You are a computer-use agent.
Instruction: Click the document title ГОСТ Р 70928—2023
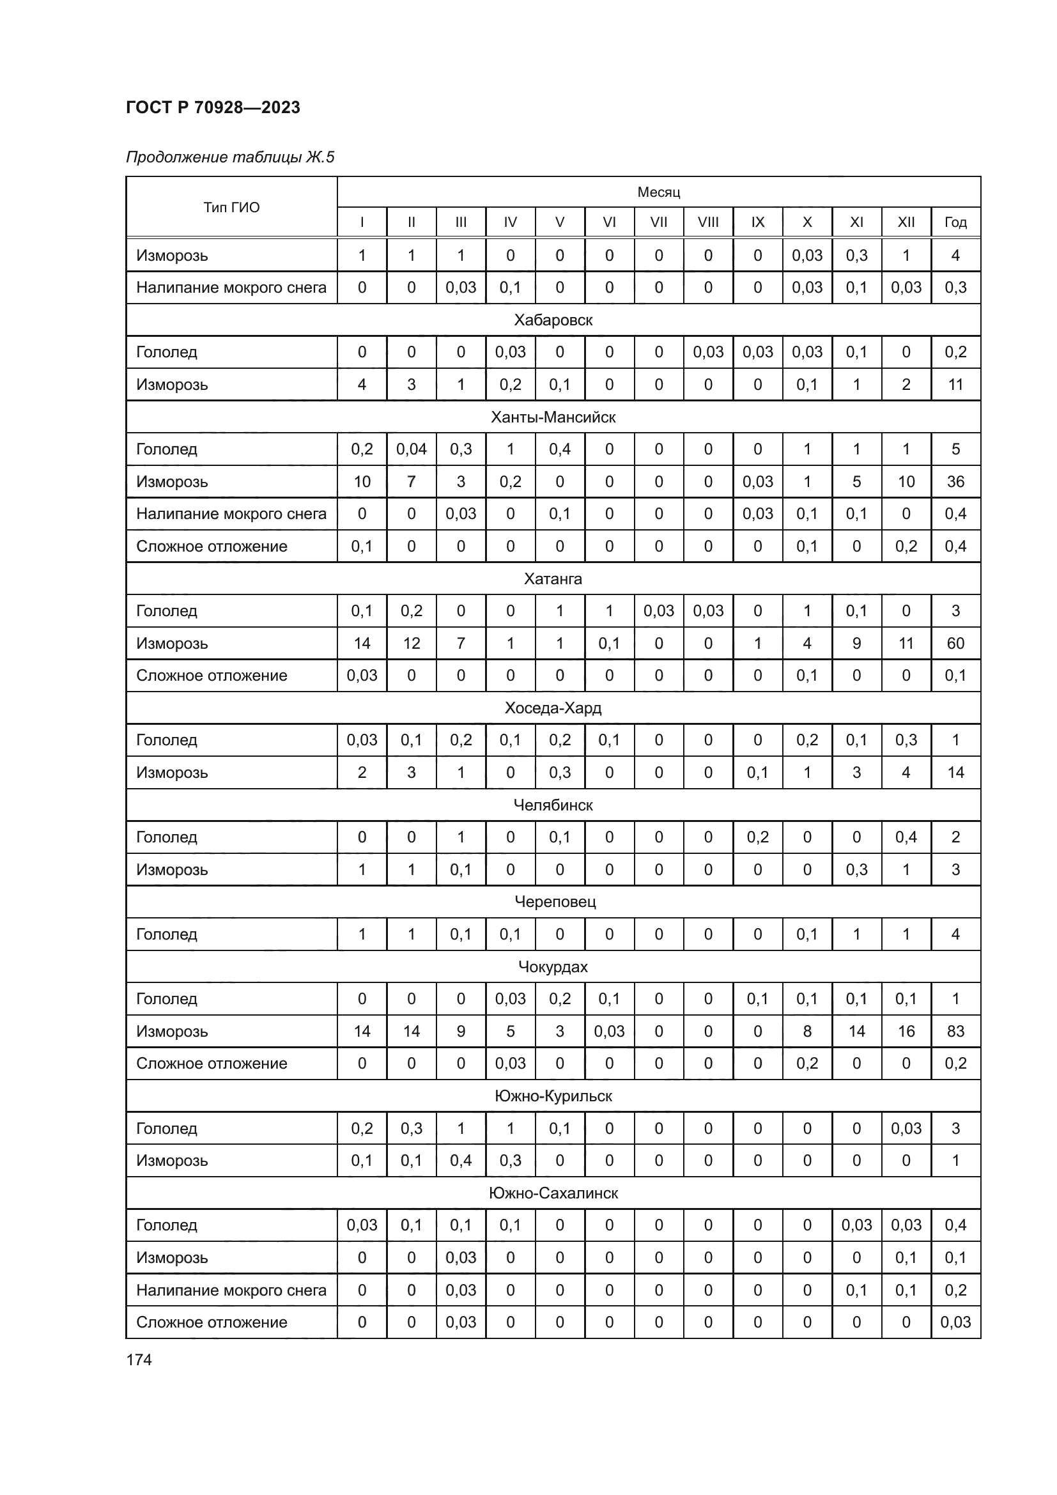[213, 107]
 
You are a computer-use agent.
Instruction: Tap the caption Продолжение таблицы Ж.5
[230, 157]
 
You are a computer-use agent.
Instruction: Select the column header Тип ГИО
[231, 207]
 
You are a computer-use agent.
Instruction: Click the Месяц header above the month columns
[658, 192]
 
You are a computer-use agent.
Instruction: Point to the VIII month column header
[707, 222]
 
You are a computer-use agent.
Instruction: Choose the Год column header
[955, 222]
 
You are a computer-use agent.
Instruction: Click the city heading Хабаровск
[553, 320]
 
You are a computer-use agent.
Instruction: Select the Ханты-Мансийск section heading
[553, 417]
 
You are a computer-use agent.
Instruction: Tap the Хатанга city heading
[553, 578]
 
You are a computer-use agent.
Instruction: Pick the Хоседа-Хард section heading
[553, 708]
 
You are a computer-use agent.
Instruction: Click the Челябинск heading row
[553, 805]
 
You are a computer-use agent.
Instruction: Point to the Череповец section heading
[555, 902]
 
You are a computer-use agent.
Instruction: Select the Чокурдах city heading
[553, 966]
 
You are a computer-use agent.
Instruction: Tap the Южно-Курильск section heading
[553, 1096]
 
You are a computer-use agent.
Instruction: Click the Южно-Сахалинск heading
[553, 1193]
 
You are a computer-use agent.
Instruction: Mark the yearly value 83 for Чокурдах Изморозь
[955, 1032]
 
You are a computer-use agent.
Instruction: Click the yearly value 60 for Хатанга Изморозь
[955, 644]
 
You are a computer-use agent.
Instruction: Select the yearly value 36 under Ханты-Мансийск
[955, 482]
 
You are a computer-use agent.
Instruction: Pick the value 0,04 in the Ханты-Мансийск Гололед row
[411, 449]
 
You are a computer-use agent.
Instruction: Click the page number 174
[139, 1359]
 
